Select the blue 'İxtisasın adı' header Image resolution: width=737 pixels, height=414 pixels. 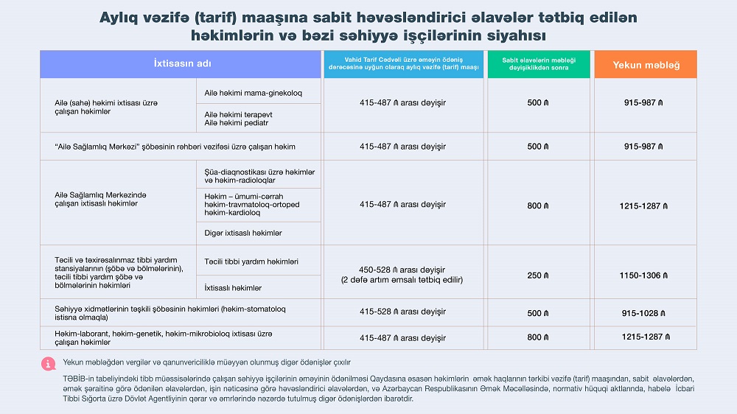pos(182,64)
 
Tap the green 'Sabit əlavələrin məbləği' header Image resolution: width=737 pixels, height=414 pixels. pos(538,64)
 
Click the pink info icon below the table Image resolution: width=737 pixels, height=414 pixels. pos(48,363)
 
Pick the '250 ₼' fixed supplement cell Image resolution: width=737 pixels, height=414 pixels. pos(538,276)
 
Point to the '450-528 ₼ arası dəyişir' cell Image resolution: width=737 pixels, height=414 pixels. pos(402,270)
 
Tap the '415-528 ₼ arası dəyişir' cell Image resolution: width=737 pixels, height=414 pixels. pos(402,312)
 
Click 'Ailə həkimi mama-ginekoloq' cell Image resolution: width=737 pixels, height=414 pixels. pos(253,93)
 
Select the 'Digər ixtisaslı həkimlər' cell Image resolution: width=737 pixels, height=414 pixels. pos(243,233)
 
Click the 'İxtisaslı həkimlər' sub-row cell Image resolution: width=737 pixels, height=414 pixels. pos(233,287)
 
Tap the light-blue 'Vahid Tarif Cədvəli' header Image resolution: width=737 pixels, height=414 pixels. pos(403,64)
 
